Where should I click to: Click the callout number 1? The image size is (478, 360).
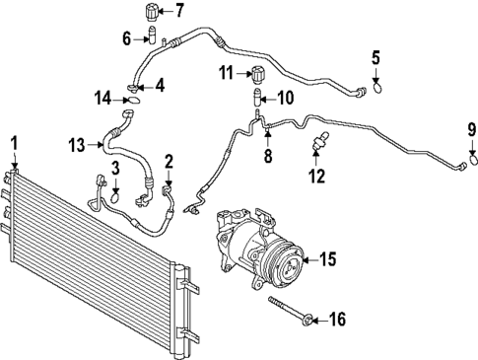tap(14, 145)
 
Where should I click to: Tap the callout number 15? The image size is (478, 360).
tap(327, 259)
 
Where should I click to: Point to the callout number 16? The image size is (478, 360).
tap(336, 319)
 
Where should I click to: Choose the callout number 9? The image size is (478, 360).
tap(471, 128)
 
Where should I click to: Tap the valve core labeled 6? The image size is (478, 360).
tap(153, 37)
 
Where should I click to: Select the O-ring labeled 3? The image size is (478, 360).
tap(115, 195)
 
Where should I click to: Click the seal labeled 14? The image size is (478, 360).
tap(134, 97)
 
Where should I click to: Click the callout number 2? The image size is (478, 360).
tap(169, 161)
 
